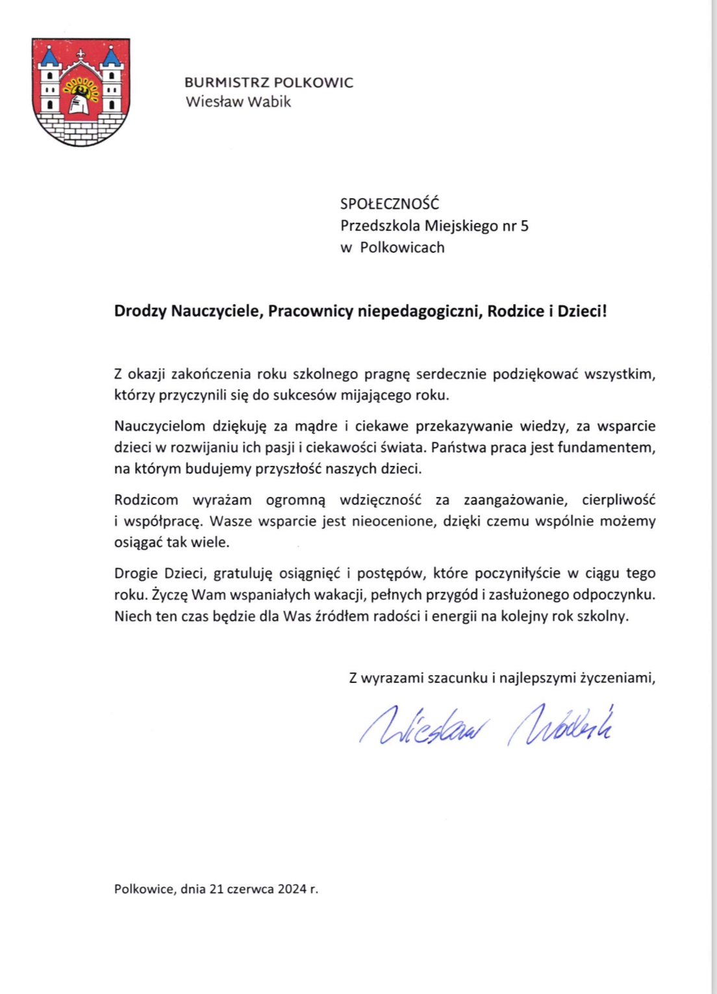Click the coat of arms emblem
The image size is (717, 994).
[x=81, y=92]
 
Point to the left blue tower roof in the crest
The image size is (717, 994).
[x=49, y=57]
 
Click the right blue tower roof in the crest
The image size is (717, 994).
[x=112, y=57]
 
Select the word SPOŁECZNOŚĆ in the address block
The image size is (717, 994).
[x=390, y=203]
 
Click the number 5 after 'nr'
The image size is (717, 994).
[x=525, y=226]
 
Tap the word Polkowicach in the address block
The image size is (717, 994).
[x=403, y=248]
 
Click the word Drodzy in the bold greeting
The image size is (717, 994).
[x=140, y=311]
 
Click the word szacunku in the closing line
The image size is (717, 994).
[x=457, y=678]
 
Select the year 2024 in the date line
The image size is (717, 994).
[x=292, y=889]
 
